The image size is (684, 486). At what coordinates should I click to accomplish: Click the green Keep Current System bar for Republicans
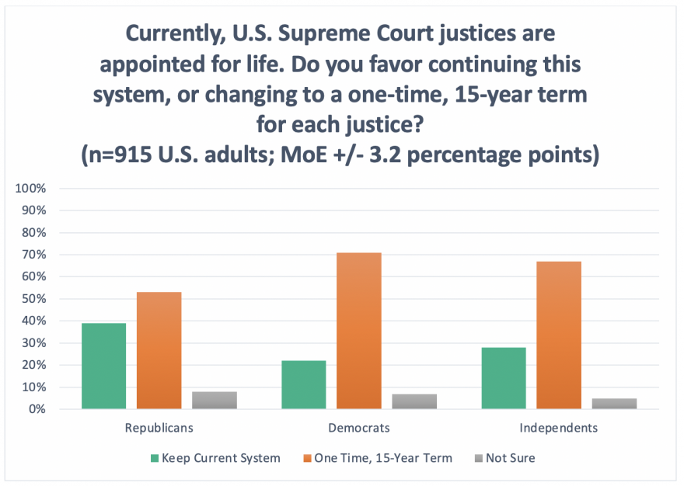click(x=103, y=366)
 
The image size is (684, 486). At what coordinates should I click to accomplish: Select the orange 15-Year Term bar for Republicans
click(x=159, y=350)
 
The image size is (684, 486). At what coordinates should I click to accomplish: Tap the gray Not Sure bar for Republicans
click(x=214, y=400)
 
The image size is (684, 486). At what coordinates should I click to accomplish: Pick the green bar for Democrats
click(x=303, y=384)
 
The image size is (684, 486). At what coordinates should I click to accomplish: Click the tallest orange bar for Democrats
click(x=358, y=331)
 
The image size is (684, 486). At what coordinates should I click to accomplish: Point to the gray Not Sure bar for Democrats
click(x=414, y=401)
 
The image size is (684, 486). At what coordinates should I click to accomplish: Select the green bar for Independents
click(x=503, y=378)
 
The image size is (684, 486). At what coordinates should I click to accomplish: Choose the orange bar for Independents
click(x=559, y=335)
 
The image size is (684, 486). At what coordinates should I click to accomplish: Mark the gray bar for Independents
click(x=614, y=403)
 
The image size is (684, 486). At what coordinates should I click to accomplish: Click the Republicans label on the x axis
click(x=159, y=428)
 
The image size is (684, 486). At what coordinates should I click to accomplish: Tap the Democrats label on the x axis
click(x=358, y=428)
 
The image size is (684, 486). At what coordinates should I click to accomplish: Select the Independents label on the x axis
click(x=559, y=428)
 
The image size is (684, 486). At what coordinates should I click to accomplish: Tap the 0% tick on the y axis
click(x=37, y=409)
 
